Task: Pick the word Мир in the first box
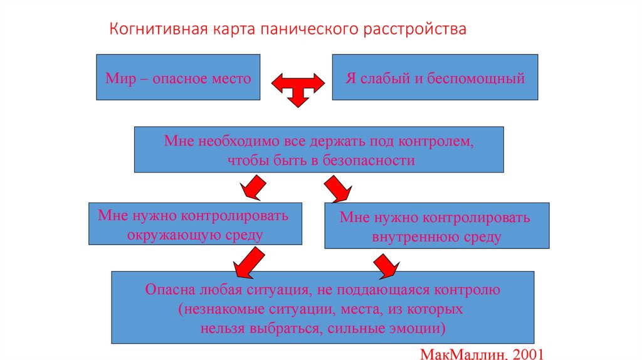pyautogui.click(x=117, y=79)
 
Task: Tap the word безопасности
pyautogui.click(x=369, y=160)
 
